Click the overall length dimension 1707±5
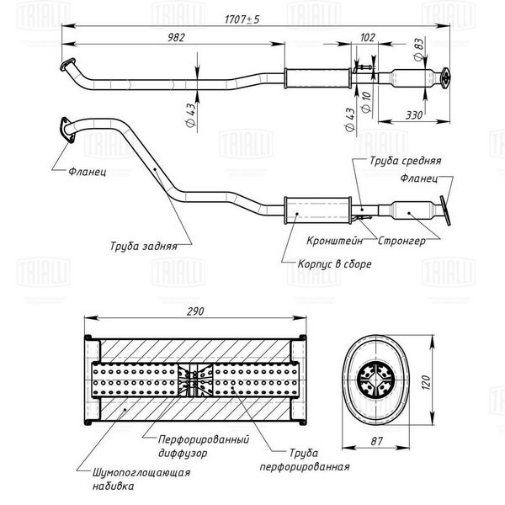coord(242,19)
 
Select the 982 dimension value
coord(177,38)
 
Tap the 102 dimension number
coord(368,38)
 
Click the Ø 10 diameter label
coord(366,102)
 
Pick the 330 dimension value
coord(413,115)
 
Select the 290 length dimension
coord(195,311)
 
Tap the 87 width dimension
coord(376,441)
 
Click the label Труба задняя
coord(144,246)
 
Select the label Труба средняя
coord(405,161)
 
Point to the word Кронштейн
coord(334,241)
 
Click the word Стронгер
coord(401,241)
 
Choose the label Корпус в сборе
coord(334,263)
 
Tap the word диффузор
coord(183,453)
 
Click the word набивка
coord(113,486)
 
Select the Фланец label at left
coord(87,172)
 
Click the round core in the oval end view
coord(375,381)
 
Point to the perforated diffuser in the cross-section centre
coord(195,380)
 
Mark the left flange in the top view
coord(67,64)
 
